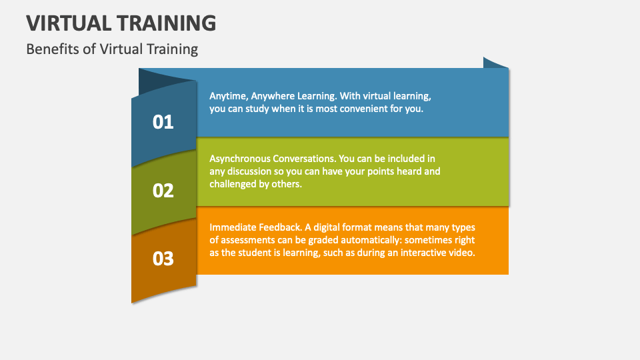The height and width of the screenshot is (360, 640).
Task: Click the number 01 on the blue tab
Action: pos(163,122)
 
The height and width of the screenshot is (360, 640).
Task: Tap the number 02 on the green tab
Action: pos(163,191)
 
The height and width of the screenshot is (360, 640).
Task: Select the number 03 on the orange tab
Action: pos(163,259)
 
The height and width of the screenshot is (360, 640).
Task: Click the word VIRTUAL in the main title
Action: pos(69,23)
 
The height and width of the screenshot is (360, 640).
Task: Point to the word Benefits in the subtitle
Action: pos(51,49)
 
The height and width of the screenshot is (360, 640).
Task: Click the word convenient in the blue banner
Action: pos(361,108)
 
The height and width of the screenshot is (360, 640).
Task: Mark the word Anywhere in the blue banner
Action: pos(274,95)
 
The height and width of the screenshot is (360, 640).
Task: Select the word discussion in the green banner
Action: pos(254,171)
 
